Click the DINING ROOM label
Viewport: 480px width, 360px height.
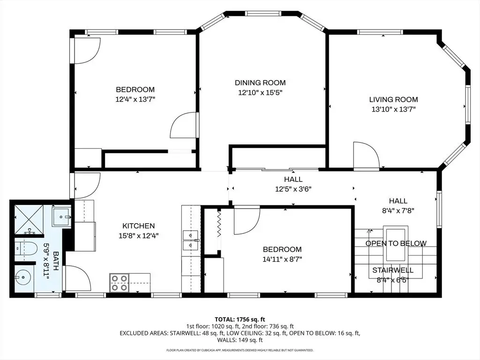pyautogui.click(x=260, y=82)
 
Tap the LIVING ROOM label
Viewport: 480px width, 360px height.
pyautogui.click(x=393, y=99)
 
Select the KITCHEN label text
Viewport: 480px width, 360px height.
pyautogui.click(x=138, y=226)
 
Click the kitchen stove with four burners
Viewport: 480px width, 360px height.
pyautogui.click(x=120, y=283)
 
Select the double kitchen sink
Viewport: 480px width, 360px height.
pyautogui.click(x=191, y=240)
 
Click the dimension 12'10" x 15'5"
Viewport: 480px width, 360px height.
pyautogui.click(x=260, y=92)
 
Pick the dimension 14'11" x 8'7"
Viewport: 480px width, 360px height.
pyautogui.click(x=282, y=259)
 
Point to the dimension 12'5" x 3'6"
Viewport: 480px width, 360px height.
pyautogui.click(x=293, y=189)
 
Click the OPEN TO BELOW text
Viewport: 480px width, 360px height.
pyautogui.click(x=396, y=243)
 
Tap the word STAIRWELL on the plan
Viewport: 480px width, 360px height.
pyautogui.click(x=393, y=270)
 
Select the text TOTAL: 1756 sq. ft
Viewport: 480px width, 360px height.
pyautogui.click(x=240, y=320)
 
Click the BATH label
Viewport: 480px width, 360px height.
pyautogui.click(x=56, y=261)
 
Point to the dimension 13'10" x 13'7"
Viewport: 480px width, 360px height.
pyautogui.click(x=393, y=109)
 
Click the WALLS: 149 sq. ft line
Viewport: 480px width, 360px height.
pyautogui.click(x=240, y=340)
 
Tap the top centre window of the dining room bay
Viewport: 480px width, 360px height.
pyautogui.click(x=263, y=14)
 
